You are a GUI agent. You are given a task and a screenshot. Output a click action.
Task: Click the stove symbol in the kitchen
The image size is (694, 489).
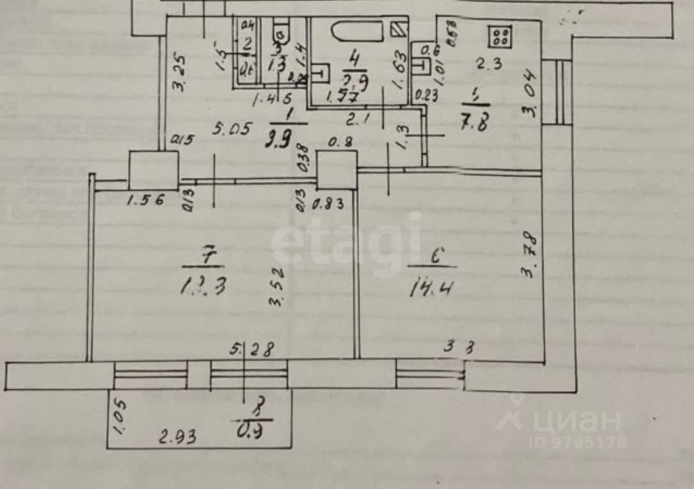point(500,36)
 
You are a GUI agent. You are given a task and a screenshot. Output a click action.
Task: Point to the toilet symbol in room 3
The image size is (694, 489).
point(280,31)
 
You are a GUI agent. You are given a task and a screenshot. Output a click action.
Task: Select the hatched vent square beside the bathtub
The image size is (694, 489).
point(397,29)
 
